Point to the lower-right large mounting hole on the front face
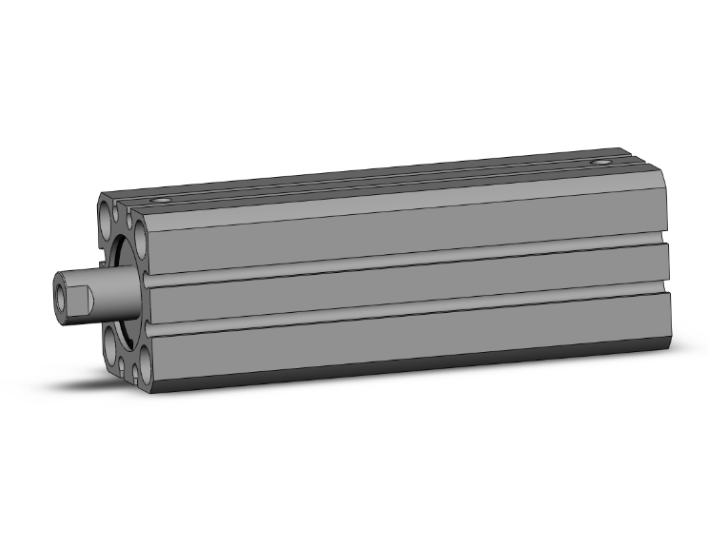tap(145, 362)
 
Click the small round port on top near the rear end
tap(600, 163)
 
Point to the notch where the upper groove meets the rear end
tap(666, 237)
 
